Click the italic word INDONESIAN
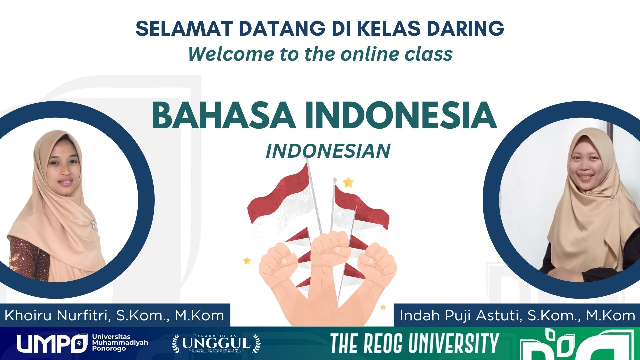click(x=328, y=151)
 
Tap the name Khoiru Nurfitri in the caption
click(x=57, y=315)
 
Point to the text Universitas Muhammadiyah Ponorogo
click(x=120, y=343)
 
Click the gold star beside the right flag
click(x=348, y=182)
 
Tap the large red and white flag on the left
click(x=282, y=200)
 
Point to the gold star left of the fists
click(x=247, y=260)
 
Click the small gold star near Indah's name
click(x=383, y=307)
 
